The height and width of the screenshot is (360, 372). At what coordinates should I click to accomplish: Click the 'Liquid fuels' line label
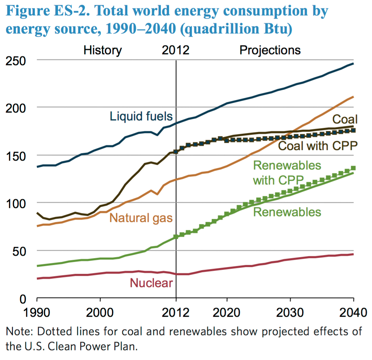click(x=141, y=117)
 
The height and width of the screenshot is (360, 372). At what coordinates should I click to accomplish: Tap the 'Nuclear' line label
click(x=151, y=283)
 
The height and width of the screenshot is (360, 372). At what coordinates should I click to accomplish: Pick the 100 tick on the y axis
click(x=16, y=204)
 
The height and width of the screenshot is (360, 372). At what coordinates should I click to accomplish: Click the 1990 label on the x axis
click(x=37, y=312)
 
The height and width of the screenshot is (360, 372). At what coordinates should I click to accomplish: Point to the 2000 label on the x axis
click(x=100, y=312)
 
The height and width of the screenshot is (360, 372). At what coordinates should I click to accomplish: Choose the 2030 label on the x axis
click(x=290, y=312)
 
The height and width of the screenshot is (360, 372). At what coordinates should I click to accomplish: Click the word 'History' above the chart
click(x=103, y=50)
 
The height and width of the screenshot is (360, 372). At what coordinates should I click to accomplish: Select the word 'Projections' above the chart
click(x=270, y=50)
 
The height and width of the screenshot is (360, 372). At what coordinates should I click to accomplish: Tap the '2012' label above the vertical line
click(x=175, y=50)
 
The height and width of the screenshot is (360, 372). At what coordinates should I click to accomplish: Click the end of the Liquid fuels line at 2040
click(x=353, y=63)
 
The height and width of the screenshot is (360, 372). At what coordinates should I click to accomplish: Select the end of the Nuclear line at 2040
click(x=353, y=254)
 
